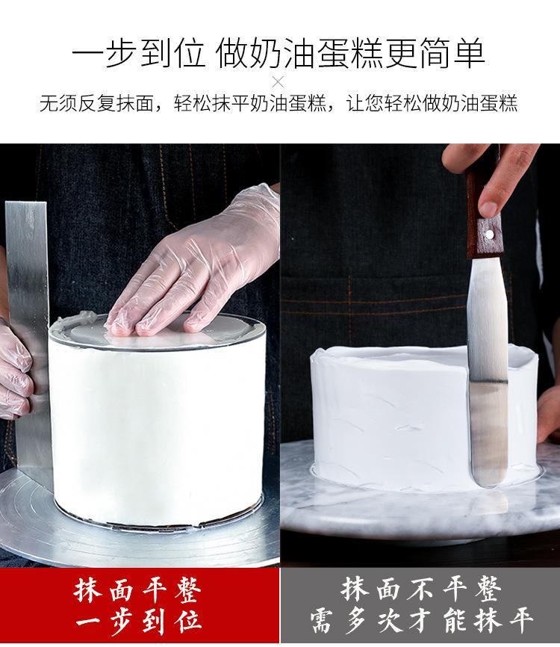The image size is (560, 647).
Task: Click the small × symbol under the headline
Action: point(279,82)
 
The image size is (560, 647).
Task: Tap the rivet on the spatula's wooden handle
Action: point(489,235)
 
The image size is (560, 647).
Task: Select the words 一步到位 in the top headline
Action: point(139,53)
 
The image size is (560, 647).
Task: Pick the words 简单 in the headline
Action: point(452,53)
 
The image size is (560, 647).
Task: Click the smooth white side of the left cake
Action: point(157,429)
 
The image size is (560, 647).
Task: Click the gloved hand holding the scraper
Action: point(15,371)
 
